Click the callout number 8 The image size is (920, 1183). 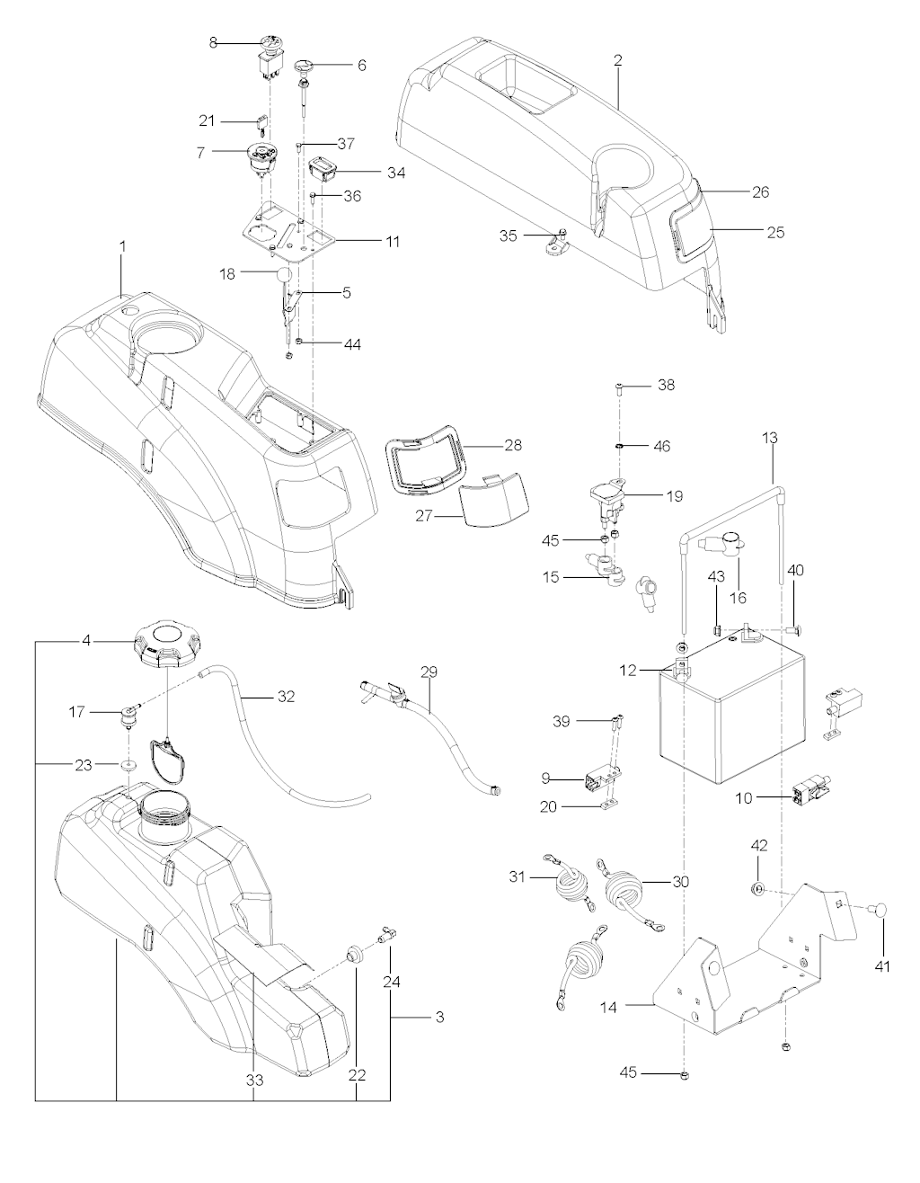(x=213, y=42)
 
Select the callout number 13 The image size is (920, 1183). (x=770, y=438)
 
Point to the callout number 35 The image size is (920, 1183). (x=509, y=236)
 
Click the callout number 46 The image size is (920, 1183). (x=661, y=446)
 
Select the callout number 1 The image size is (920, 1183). (x=123, y=245)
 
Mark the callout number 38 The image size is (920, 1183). (x=666, y=385)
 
